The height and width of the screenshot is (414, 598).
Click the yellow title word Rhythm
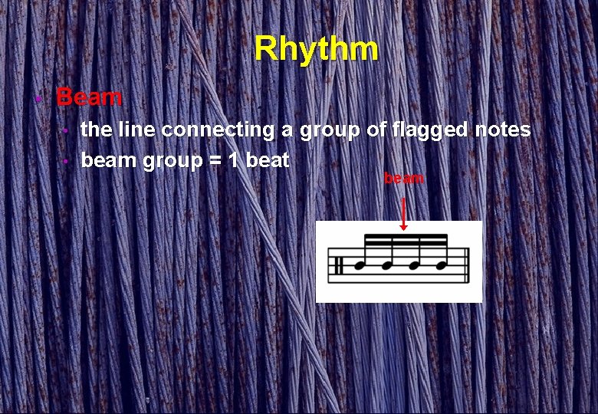tap(316, 49)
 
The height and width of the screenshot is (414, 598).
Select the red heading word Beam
tap(89, 97)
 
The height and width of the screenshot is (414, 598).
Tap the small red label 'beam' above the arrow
tap(403, 179)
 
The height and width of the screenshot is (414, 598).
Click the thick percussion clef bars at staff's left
tap(337, 265)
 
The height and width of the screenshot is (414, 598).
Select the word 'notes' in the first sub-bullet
tap(502, 130)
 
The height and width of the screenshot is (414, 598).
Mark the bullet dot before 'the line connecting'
tap(67, 131)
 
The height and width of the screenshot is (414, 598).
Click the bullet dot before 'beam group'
tap(67, 162)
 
